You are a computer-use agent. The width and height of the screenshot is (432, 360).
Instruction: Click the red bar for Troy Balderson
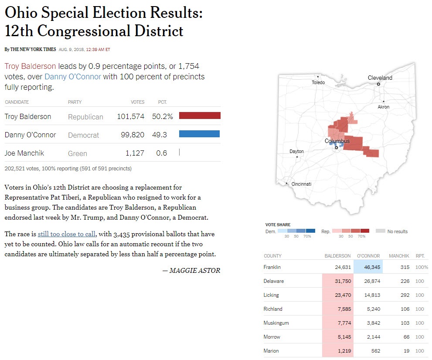pos(200,115)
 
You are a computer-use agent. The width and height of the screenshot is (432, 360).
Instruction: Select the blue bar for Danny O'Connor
pos(199,134)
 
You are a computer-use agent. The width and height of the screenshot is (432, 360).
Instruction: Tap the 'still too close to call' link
pos(67,234)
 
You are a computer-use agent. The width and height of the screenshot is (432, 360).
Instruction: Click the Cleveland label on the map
pos(380,78)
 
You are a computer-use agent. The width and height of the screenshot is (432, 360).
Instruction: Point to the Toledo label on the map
pos(318,82)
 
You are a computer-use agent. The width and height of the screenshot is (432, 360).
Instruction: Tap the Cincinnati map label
pos(301,184)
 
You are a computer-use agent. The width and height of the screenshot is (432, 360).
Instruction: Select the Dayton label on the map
pos(296,151)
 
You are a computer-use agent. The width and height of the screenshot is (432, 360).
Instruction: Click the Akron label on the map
pos(383,107)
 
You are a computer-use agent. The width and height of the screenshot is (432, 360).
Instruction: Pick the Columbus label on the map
pos(337,141)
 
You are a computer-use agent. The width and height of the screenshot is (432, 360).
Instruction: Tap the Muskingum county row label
pos(276,323)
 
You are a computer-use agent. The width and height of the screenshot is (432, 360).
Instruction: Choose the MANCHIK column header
pos(398,256)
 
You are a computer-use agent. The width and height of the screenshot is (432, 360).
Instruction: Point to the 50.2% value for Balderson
pos(162,116)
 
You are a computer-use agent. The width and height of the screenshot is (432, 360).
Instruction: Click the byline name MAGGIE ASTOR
pos(194,271)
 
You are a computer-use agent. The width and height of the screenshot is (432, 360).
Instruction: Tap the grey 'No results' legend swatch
pos(380,231)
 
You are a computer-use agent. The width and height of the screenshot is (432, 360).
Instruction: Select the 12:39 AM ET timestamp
pos(98,50)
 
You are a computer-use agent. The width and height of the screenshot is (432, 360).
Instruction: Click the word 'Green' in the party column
pos(78,153)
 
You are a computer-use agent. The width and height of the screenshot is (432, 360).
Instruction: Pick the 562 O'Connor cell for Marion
pos(375,351)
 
